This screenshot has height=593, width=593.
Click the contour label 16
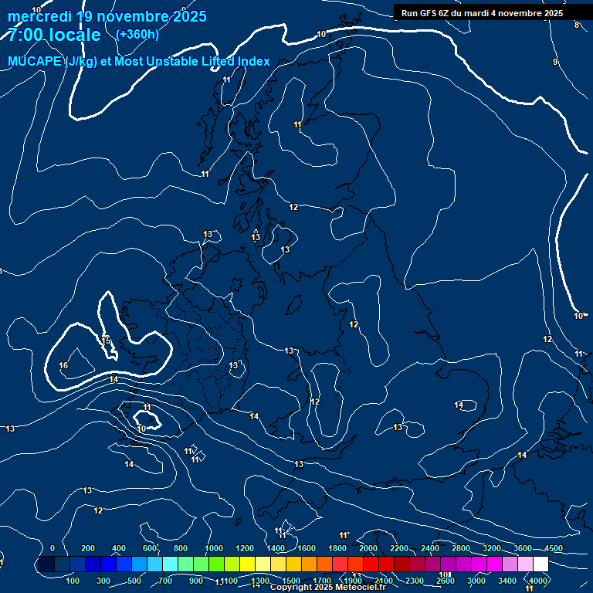tap(63, 365)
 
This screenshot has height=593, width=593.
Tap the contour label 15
tap(107, 341)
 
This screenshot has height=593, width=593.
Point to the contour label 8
tap(576, 25)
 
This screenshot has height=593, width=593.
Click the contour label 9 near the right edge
tap(554, 62)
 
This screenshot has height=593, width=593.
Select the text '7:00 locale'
tap(54, 35)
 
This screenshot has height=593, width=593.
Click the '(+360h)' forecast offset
tap(137, 34)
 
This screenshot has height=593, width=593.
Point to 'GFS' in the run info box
tap(429, 13)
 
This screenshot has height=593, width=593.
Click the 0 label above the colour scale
tap(53, 548)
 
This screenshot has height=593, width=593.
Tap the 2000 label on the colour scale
tap(368, 548)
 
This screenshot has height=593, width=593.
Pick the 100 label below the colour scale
tap(73, 581)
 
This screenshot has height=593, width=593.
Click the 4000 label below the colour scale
tap(538, 581)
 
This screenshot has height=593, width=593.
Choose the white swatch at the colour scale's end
tap(540, 564)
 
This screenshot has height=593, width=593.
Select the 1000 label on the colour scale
tap(214, 548)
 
